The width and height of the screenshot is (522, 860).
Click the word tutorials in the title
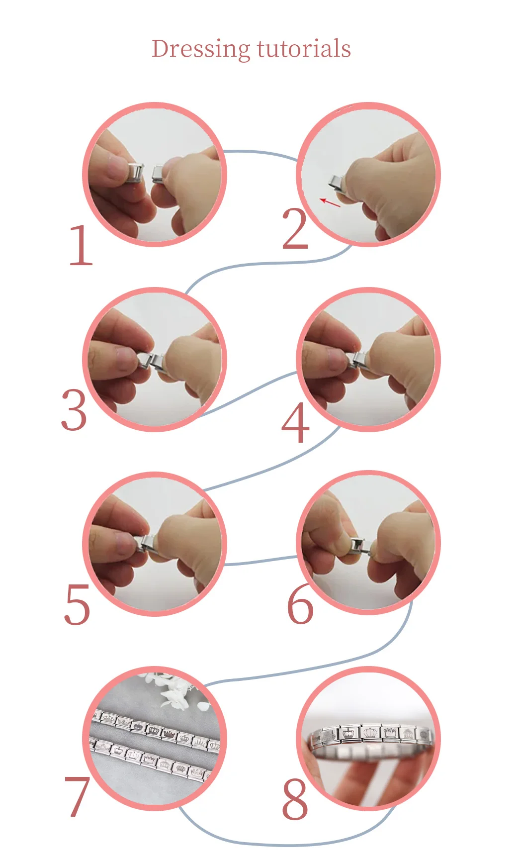click(x=304, y=49)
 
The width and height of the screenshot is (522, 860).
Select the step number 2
click(x=295, y=229)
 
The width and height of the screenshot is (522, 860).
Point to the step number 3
click(x=74, y=410)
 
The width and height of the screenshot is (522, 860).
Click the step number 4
click(x=295, y=422)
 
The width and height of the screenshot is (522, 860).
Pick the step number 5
click(x=77, y=604)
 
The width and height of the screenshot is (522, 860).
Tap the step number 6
click(x=301, y=604)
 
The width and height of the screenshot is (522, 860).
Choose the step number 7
click(x=77, y=796)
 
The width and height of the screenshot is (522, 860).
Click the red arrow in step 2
click(x=330, y=202)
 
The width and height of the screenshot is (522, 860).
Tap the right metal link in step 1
click(x=158, y=174)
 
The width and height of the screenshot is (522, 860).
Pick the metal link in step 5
click(x=149, y=543)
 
